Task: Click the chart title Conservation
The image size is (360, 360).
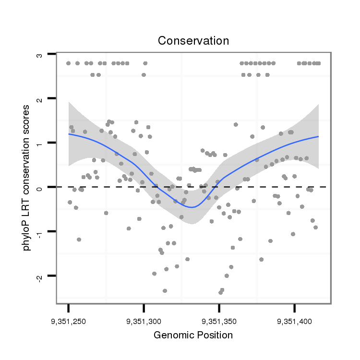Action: (193, 41)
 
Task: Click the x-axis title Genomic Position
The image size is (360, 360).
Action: (193, 335)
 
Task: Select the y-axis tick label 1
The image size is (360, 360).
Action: (39, 143)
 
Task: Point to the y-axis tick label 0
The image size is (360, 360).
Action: (39, 187)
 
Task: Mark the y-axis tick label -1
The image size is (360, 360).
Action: (39, 232)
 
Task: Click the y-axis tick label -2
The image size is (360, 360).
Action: (39, 276)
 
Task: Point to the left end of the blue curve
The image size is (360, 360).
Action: (69, 134)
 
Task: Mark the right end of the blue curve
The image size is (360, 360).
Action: (318, 137)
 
